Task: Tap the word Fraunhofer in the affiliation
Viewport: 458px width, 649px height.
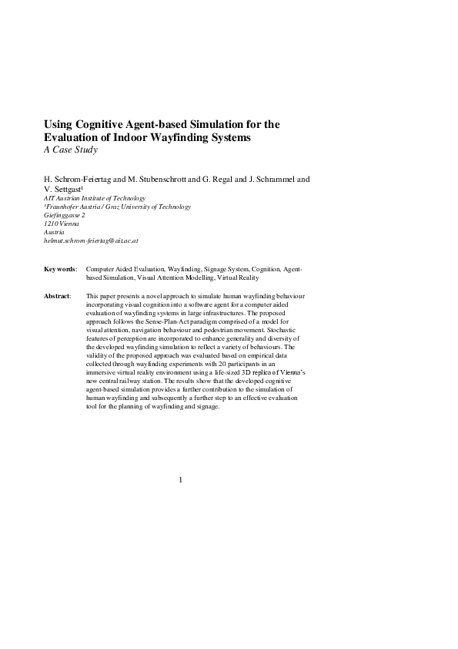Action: pos(65,207)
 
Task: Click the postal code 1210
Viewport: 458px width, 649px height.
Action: pos(52,224)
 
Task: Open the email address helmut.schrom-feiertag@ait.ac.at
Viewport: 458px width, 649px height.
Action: pos(91,240)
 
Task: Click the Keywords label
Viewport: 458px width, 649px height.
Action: pos(60,270)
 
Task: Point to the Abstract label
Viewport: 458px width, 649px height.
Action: pos(58,296)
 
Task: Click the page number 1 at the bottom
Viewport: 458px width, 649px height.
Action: pos(181,480)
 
